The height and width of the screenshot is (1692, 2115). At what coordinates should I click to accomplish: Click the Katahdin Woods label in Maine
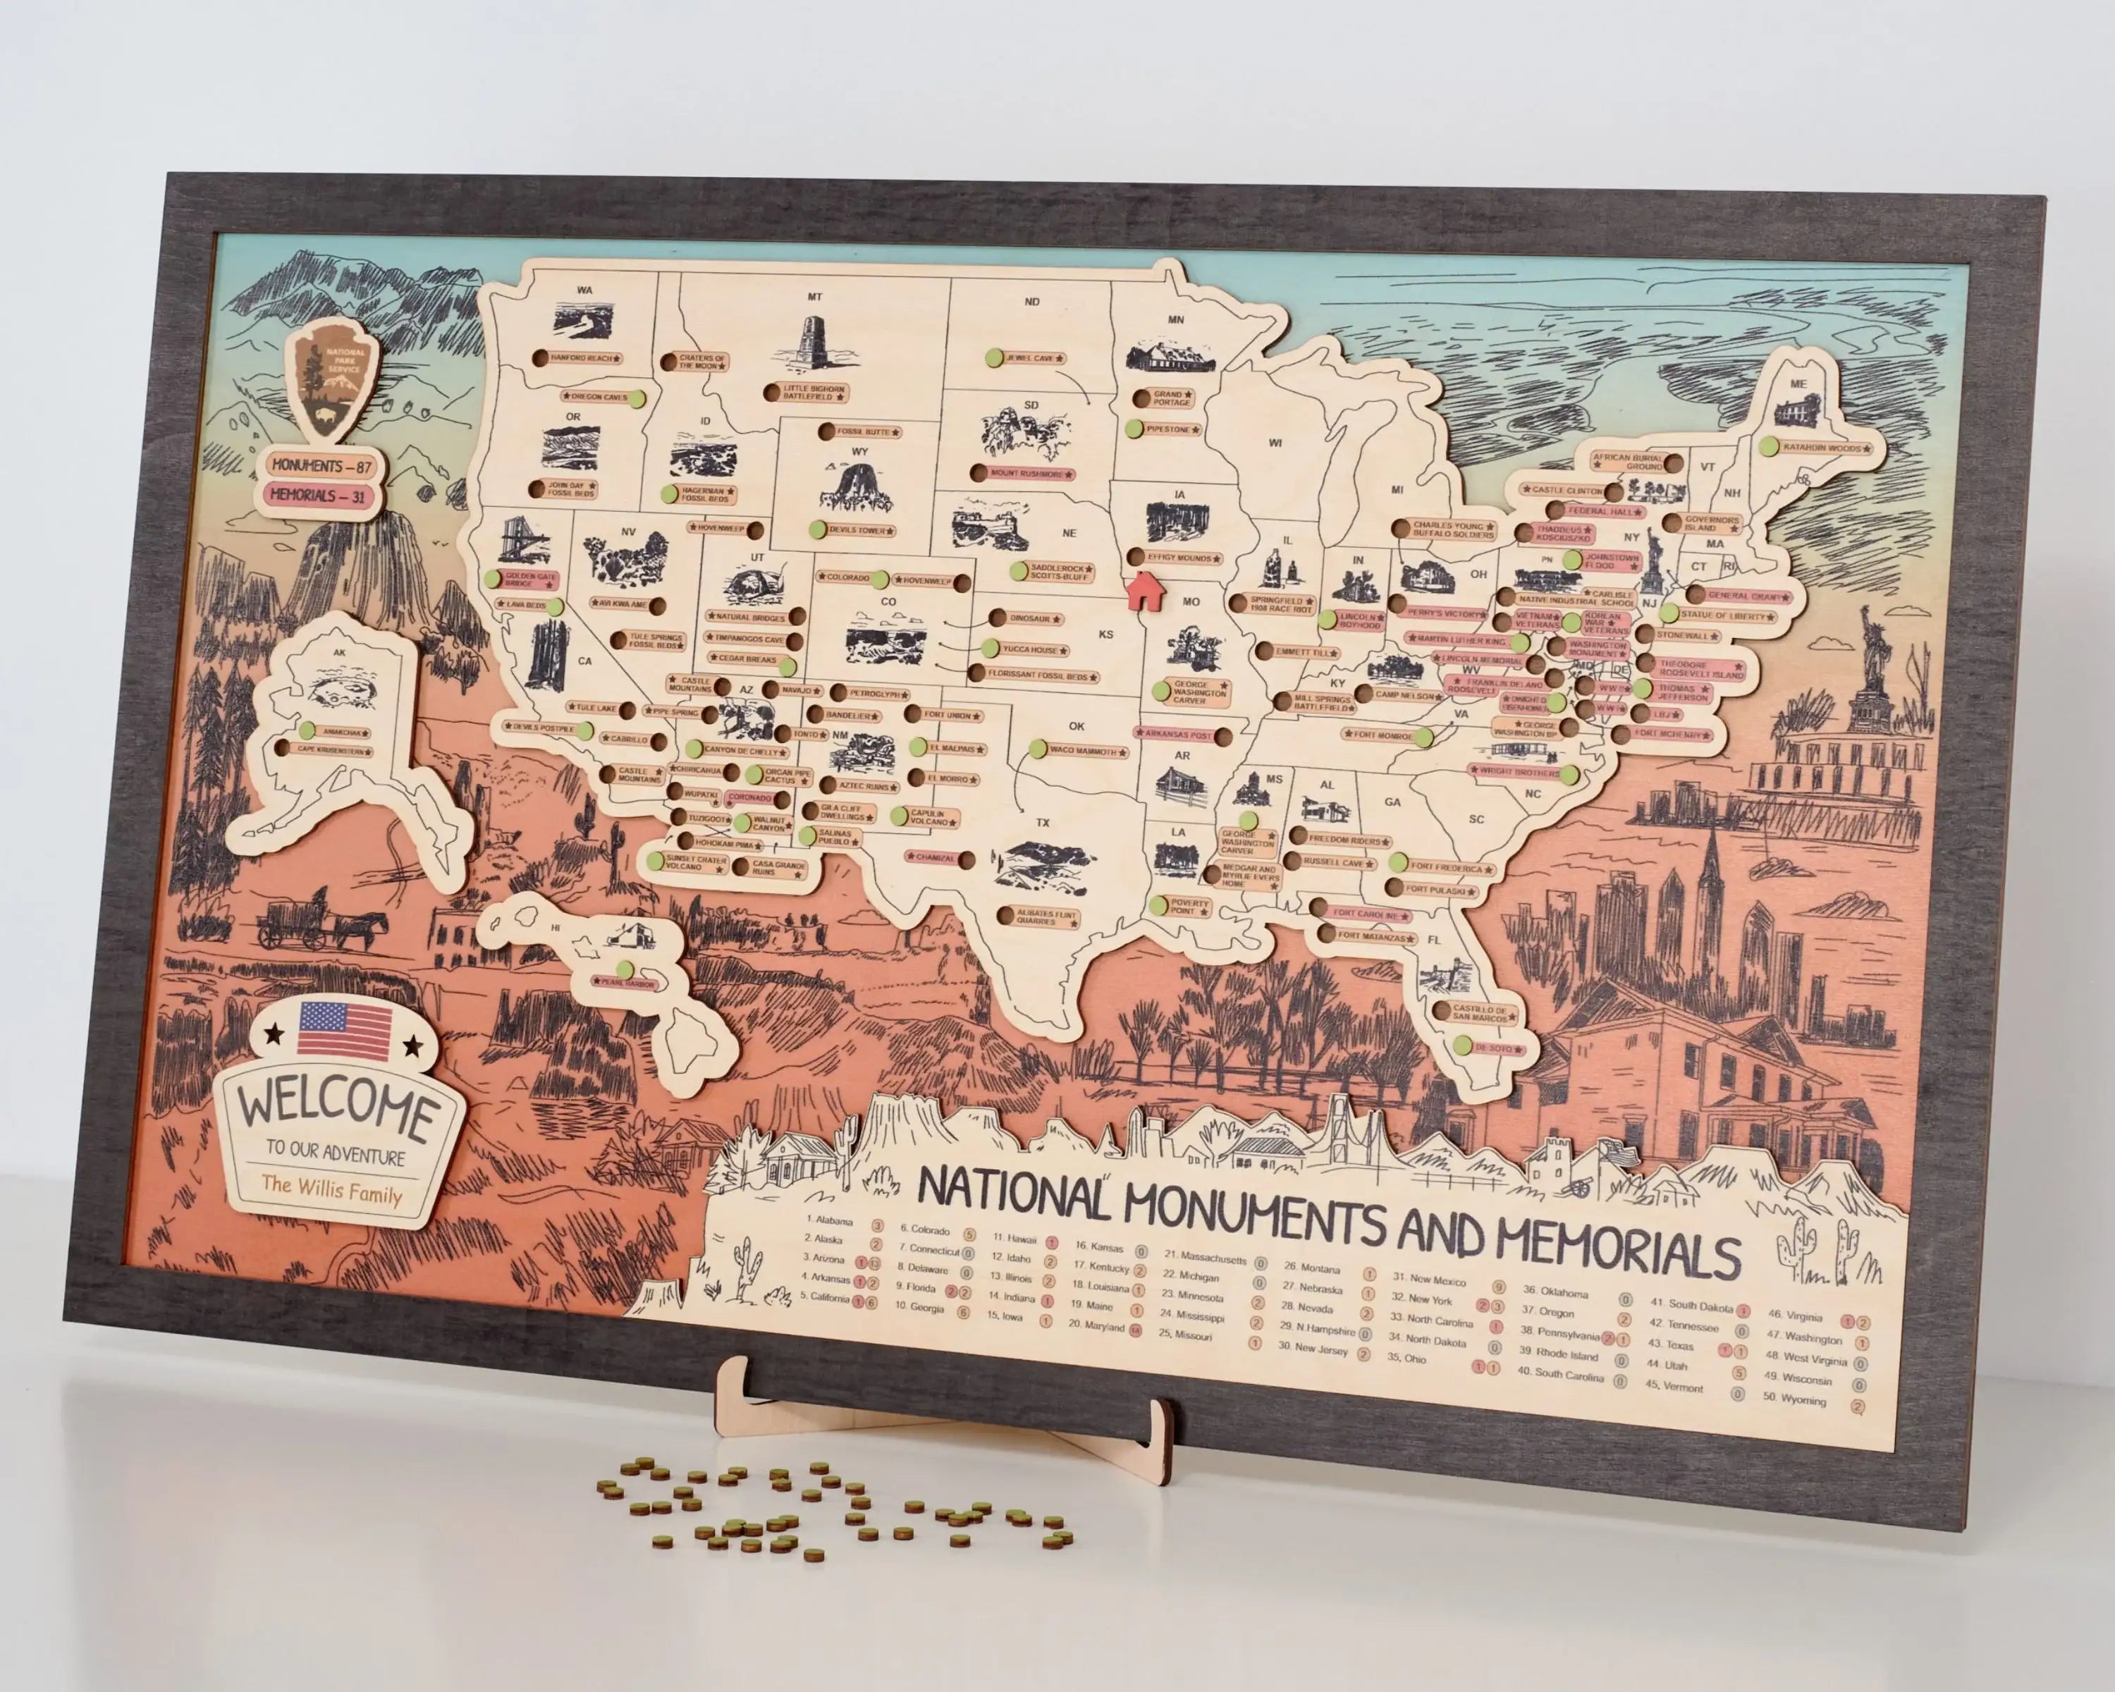[1822, 448]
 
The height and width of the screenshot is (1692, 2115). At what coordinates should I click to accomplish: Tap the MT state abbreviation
[814, 296]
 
